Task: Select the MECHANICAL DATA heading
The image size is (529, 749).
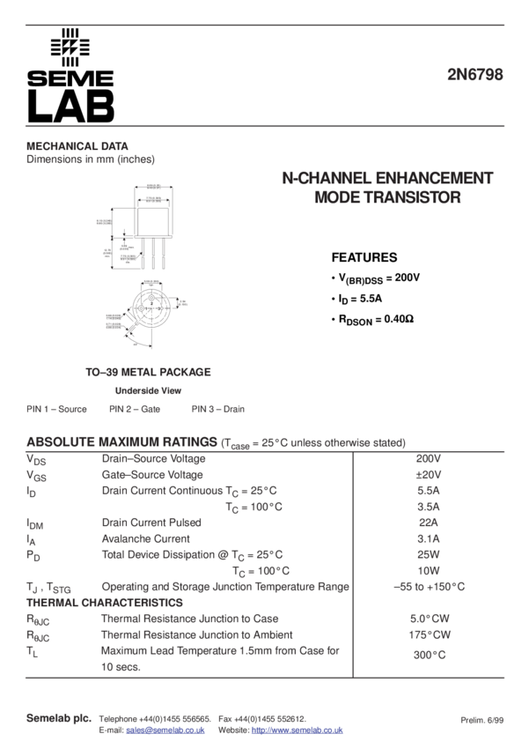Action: click(x=77, y=146)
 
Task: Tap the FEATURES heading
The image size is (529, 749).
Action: click(x=364, y=258)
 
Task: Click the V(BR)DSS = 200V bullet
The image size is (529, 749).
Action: click(x=378, y=278)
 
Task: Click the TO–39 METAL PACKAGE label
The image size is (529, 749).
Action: click(x=148, y=373)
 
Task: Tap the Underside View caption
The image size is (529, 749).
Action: click(x=148, y=391)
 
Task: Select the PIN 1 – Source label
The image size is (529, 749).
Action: click(x=56, y=410)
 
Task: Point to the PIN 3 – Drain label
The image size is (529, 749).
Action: click(x=218, y=410)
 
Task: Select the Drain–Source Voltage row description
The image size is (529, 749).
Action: click(x=154, y=459)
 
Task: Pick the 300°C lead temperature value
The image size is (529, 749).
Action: click(x=429, y=655)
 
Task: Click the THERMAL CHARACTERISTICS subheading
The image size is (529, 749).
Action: click(x=105, y=603)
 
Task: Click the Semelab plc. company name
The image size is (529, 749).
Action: click(x=59, y=719)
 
